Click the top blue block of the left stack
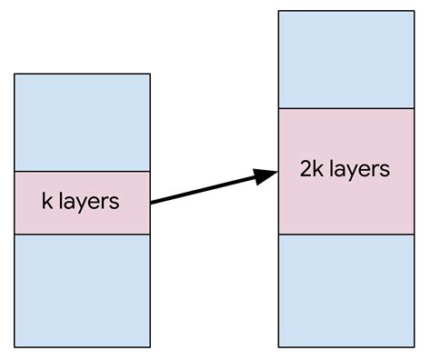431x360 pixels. (x=82, y=123)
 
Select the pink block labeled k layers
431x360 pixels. (x=82, y=203)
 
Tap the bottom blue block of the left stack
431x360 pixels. (x=82, y=290)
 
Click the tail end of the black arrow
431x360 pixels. (x=152, y=202)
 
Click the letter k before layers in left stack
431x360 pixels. (x=47, y=201)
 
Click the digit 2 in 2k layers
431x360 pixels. (x=305, y=169)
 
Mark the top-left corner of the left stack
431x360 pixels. (x=15, y=75)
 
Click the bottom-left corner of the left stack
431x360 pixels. (x=15, y=346)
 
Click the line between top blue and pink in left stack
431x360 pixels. (x=82, y=172)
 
